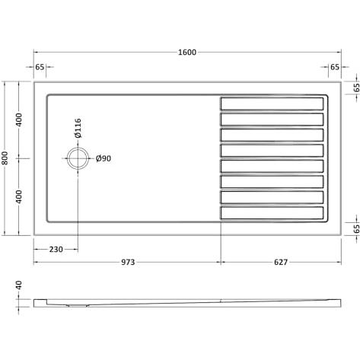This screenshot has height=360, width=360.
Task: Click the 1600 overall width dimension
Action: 187,53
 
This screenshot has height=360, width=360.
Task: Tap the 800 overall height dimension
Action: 5,158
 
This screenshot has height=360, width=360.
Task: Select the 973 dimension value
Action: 128,262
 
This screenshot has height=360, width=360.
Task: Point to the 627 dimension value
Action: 281,262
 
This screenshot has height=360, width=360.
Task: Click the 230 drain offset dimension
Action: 56,250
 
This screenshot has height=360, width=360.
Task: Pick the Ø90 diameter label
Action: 104,158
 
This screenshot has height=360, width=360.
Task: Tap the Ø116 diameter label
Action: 78,128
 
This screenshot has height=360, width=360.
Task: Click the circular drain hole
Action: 78,158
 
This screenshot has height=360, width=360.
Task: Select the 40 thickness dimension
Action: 19,285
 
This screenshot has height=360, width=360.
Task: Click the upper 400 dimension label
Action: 19,120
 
